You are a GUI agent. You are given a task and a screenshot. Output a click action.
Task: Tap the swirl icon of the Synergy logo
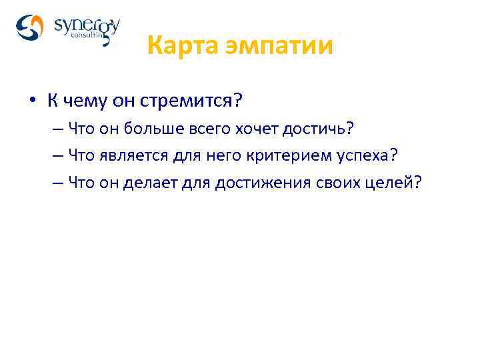point(30,27)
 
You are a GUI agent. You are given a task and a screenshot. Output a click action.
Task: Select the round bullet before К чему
point(31,102)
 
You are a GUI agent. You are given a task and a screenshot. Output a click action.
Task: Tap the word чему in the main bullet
point(83,101)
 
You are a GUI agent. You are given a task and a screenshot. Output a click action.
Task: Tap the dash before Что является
point(57,156)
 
